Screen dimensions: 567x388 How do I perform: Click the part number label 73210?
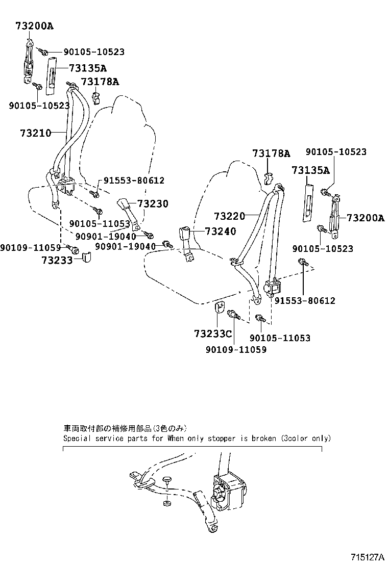(36, 133)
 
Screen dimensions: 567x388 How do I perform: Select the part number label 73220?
(229, 216)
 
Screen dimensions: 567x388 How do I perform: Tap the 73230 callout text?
(153, 203)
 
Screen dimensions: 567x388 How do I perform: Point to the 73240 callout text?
(221, 231)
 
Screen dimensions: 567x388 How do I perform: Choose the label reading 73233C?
(213, 334)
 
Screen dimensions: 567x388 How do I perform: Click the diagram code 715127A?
(367, 557)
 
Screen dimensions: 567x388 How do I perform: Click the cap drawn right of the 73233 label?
(86, 257)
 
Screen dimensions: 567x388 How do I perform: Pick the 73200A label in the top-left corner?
(31, 26)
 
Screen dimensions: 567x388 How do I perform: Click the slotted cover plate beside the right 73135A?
(309, 202)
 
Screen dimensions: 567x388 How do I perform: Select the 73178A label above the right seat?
(271, 153)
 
